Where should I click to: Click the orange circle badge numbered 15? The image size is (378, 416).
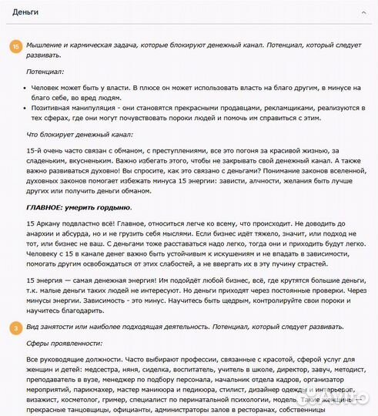point(15,47)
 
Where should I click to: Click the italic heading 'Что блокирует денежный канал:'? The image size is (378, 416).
point(80,135)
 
